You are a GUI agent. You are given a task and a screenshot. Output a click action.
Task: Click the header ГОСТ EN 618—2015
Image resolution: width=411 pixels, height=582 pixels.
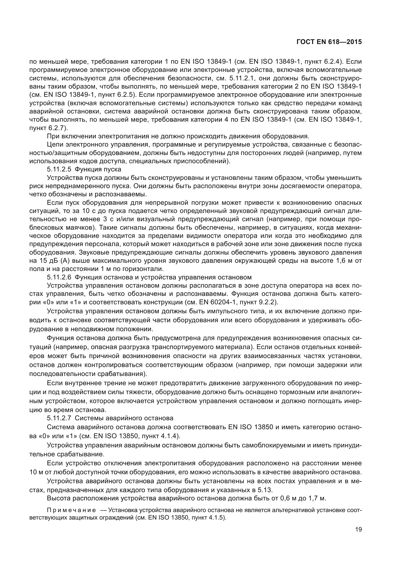pos(329,42)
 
